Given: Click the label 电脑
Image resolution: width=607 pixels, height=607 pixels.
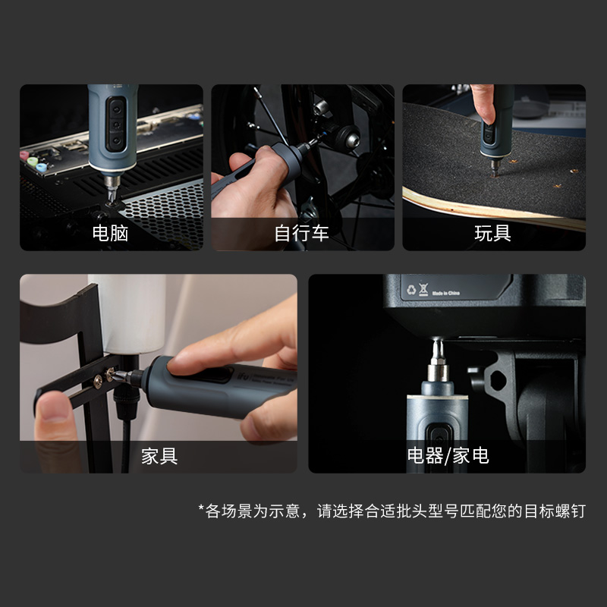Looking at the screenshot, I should pos(111,233).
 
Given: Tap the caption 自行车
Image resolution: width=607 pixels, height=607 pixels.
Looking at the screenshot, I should pos(302,233).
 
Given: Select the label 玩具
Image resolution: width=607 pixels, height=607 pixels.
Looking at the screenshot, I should pos(493,233).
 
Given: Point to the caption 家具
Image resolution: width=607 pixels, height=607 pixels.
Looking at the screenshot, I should pos(159,456).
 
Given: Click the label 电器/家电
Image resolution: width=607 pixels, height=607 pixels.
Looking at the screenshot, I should pos(448,456).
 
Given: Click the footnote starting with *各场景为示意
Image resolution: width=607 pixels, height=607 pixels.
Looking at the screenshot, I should pos(392,511).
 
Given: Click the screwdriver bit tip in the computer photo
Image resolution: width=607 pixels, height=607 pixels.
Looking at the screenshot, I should pos(112,199).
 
